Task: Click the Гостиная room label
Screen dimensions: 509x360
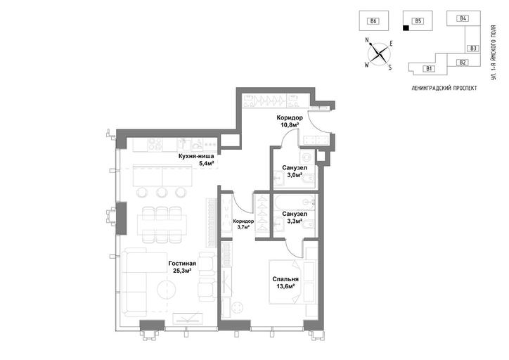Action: point(182,263)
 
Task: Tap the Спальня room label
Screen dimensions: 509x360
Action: point(285,279)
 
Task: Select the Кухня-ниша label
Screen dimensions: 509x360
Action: point(196,156)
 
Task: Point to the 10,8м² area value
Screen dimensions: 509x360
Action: point(290,124)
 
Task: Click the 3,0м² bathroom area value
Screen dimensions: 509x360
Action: point(295,174)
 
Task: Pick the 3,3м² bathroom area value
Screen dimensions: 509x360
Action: point(295,221)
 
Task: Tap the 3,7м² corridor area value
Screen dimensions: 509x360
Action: point(243,227)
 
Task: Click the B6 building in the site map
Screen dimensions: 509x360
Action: point(373,21)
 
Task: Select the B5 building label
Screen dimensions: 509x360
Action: point(418,21)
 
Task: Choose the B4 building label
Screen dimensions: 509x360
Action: point(463,18)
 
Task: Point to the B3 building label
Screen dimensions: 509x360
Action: point(473,49)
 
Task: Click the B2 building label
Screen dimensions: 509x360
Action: point(463,63)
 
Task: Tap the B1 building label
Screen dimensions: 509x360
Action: point(429,68)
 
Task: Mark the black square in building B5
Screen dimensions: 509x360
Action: point(406,28)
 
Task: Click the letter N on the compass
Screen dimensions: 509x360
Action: point(368,40)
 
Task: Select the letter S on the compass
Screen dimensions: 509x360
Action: point(390,67)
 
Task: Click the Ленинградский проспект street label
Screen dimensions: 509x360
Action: point(444,88)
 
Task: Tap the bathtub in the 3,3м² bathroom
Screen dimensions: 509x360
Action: point(295,203)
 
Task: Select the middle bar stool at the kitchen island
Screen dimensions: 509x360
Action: point(161,193)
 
